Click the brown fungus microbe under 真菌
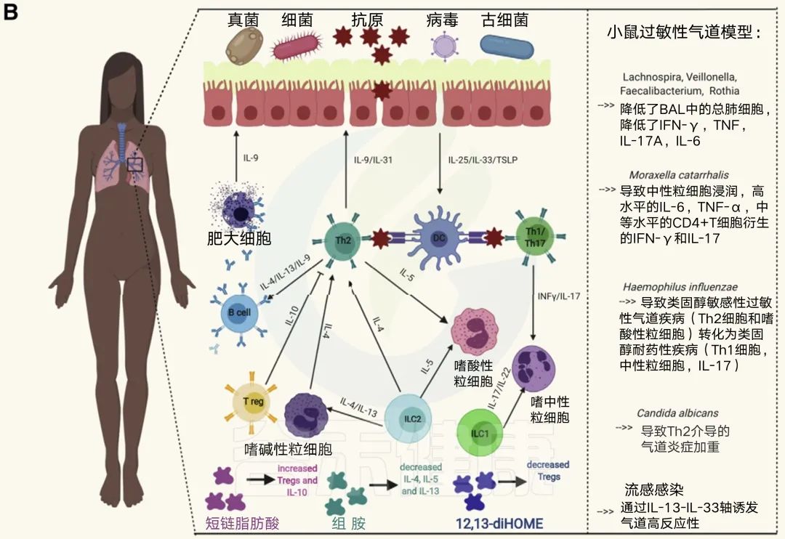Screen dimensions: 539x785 [244, 46]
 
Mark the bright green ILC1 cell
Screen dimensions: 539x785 [480, 433]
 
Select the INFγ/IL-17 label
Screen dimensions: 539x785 [558, 296]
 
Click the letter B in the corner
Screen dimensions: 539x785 [12, 13]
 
